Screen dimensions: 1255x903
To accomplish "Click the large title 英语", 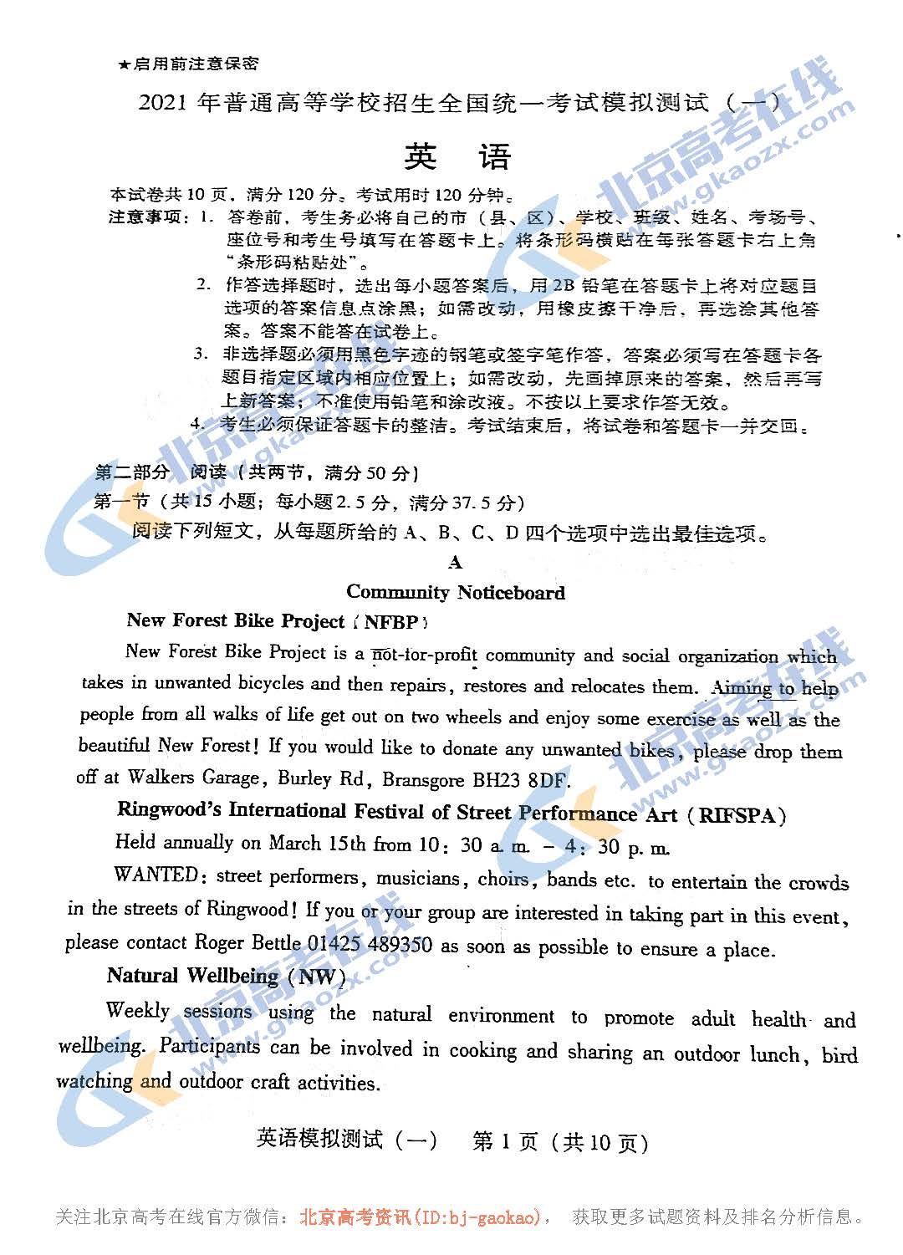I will [457, 156].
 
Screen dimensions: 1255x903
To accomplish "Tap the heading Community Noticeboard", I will [456, 592].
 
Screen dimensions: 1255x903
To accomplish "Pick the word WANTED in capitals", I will [156, 875].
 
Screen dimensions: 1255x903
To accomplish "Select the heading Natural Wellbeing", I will [192, 976].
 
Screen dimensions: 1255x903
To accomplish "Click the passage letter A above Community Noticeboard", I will [455, 563].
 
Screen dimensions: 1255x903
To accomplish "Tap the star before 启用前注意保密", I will [124, 64].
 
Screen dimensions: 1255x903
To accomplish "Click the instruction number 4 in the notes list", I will [196, 423].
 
